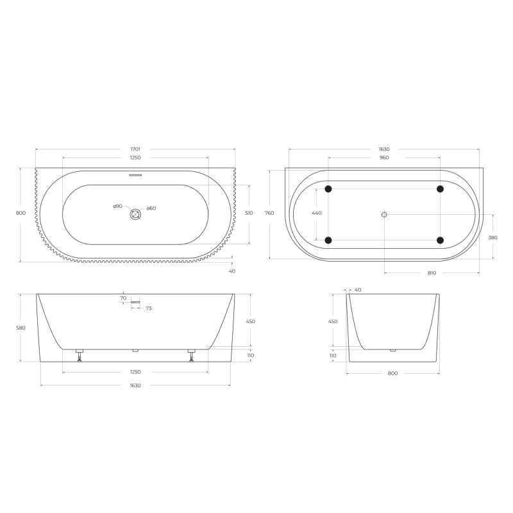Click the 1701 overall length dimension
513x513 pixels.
[135, 149]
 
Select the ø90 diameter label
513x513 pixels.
[117, 206]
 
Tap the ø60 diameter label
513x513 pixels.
[151, 208]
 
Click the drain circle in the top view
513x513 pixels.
[135, 215]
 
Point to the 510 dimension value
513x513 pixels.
[249, 213]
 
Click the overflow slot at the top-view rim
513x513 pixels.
[135, 174]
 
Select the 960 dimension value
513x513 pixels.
[383, 157]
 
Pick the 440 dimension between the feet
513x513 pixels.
[316, 213]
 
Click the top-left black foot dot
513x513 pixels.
[328, 189]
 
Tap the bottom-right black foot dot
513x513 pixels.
[440, 240]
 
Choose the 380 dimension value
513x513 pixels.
[493, 237]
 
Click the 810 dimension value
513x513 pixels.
[432, 273]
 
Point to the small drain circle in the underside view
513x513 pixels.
[384, 214]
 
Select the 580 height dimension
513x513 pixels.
[21, 328]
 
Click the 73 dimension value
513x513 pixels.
[148, 308]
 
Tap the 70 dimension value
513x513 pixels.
[122, 298]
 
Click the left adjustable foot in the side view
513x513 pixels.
[80, 355]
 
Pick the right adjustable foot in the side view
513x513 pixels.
[191, 355]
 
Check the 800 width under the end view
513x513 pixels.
[392, 373]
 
